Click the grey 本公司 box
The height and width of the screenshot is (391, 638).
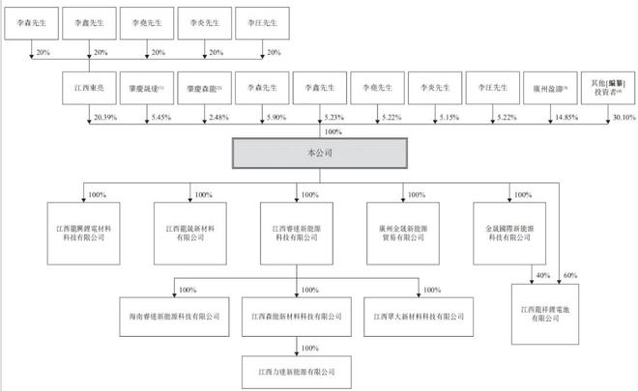pos(319,152)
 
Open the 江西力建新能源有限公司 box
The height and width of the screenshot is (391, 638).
pos(295,368)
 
